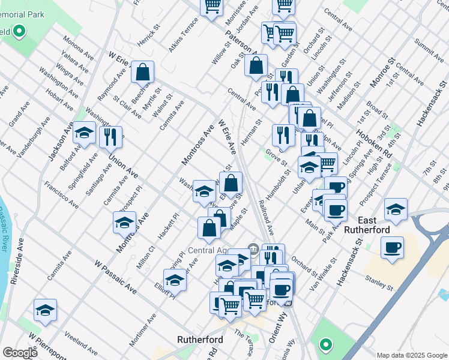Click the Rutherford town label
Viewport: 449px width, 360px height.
[x=200, y=340]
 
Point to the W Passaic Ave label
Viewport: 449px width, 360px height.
[x=115, y=277]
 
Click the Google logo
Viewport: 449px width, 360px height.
[x=20, y=353]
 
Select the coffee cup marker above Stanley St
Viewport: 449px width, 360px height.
[x=392, y=247]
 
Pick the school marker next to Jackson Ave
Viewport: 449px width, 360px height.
[x=85, y=133]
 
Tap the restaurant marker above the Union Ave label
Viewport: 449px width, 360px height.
[x=110, y=137]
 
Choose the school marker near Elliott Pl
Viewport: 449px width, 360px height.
[x=175, y=279]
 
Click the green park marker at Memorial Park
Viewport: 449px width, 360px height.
[x=19, y=31]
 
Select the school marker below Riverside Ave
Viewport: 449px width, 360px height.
[x=45, y=310]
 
